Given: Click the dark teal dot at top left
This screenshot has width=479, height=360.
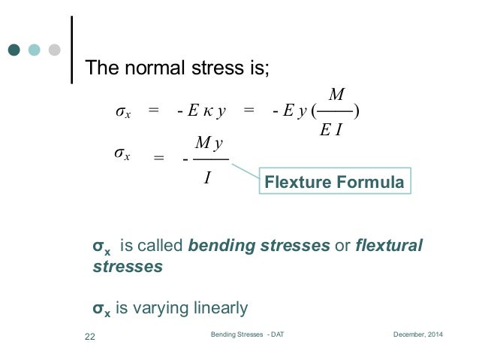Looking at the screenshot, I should coord(14,50).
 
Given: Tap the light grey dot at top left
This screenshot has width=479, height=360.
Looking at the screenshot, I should coord(54,50).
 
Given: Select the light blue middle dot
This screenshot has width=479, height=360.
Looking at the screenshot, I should coord(34,50).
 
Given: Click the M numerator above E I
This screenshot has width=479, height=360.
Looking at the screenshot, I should coord(336,95).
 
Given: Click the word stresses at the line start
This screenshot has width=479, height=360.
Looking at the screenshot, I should coord(127,266).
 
